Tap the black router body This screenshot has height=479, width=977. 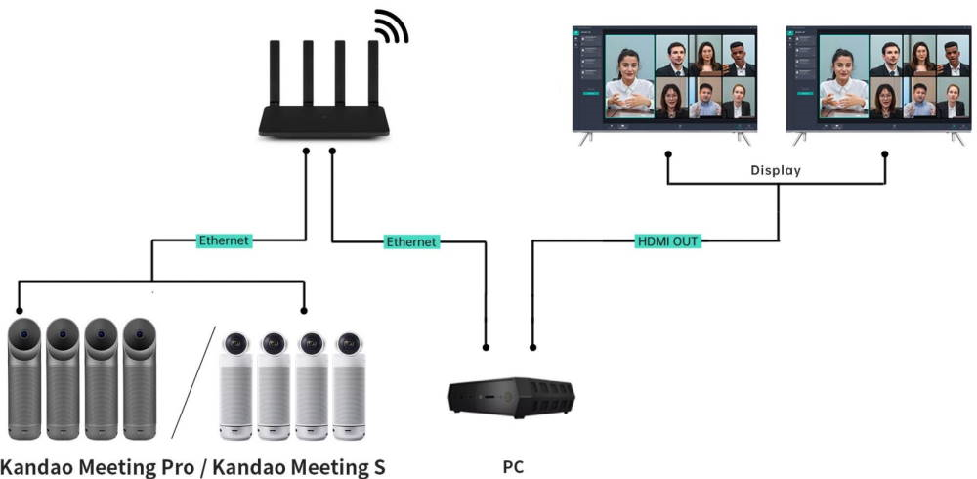[x=323, y=118]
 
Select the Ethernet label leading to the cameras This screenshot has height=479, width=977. [x=225, y=239]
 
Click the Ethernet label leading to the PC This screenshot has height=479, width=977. [x=411, y=240]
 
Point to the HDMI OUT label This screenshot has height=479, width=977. [x=668, y=240]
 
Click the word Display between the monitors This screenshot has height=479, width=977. [x=776, y=170]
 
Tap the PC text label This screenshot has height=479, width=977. [x=513, y=467]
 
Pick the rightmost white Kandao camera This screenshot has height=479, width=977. [x=348, y=385]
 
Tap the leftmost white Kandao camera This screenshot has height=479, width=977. [x=235, y=385]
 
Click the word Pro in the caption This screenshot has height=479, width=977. [x=173, y=467]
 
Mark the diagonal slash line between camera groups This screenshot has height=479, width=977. [x=194, y=381]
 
